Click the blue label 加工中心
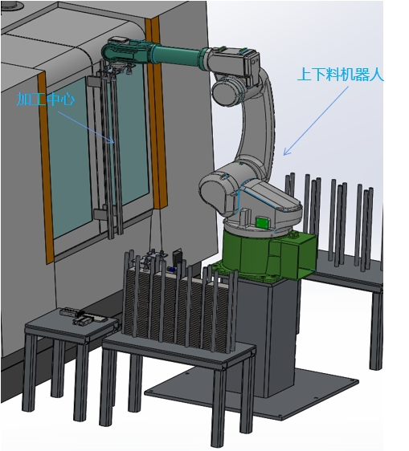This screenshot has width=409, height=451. pos(46,100)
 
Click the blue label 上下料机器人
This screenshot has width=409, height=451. pos(341,75)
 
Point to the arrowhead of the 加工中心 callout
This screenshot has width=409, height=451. pos(113,141)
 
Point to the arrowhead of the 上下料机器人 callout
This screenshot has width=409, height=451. pos(285,152)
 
